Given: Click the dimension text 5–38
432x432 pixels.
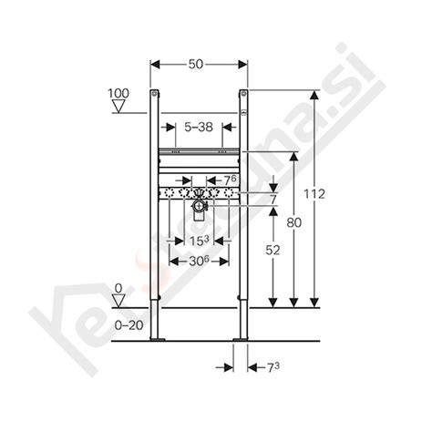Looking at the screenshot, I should pos(198,129).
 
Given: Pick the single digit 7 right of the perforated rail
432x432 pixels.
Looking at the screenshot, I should pos(272,199).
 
